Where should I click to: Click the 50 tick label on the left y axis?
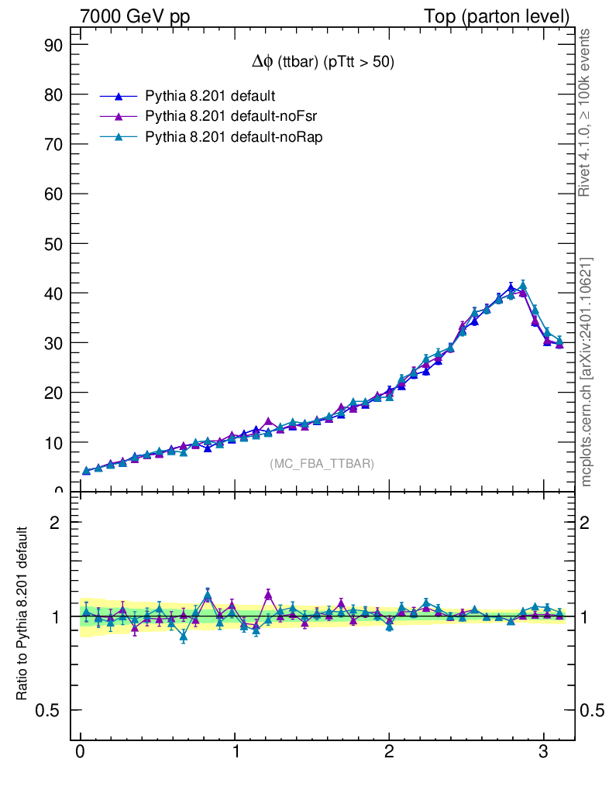[x=52, y=243]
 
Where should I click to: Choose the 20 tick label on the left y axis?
[x=52, y=393]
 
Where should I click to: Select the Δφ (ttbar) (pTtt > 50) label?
[x=318, y=63]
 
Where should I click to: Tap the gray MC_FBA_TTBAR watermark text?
[x=322, y=464]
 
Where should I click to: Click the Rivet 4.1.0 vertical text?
[x=585, y=112]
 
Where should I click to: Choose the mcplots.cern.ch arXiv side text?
[x=587, y=372]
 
